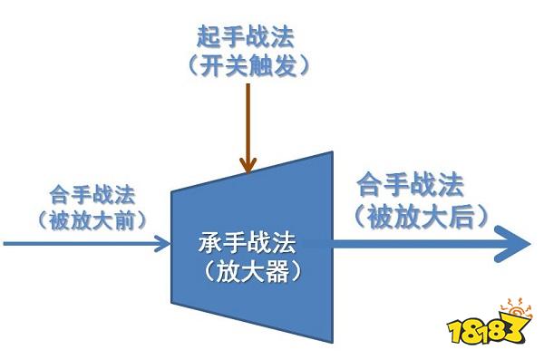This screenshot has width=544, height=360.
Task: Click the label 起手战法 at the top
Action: [246, 37]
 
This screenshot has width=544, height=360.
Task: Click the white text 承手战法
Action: [247, 243]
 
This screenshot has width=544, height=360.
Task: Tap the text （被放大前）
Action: [92, 220]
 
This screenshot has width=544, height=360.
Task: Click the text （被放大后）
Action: [421, 217]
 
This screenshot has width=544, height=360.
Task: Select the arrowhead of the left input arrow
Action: [162, 243]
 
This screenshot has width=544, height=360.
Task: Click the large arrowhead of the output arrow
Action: [513, 243]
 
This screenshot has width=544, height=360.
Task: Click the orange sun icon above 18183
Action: [516, 308]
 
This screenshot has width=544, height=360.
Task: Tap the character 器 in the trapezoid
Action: [277, 272]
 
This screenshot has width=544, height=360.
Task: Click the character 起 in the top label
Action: [209, 37]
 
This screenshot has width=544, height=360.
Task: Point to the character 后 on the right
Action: [461, 217]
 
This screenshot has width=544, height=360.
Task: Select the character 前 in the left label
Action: [124, 220]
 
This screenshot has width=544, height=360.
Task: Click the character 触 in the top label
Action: [260, 65]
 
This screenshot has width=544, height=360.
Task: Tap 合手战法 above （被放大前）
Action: [92, 195]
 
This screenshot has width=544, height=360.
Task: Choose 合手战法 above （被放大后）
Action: [411, 186]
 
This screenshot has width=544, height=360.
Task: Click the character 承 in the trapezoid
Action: [210, 243]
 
